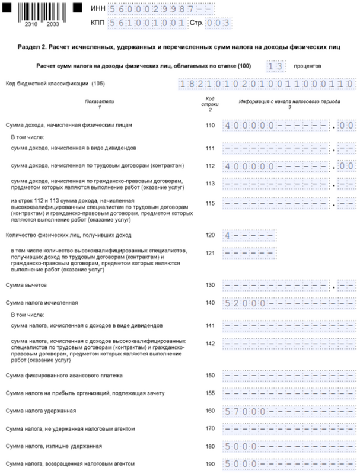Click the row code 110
[x=209, y=126]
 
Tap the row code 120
[x=209, y=235]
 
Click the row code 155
[x=209, y=393]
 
